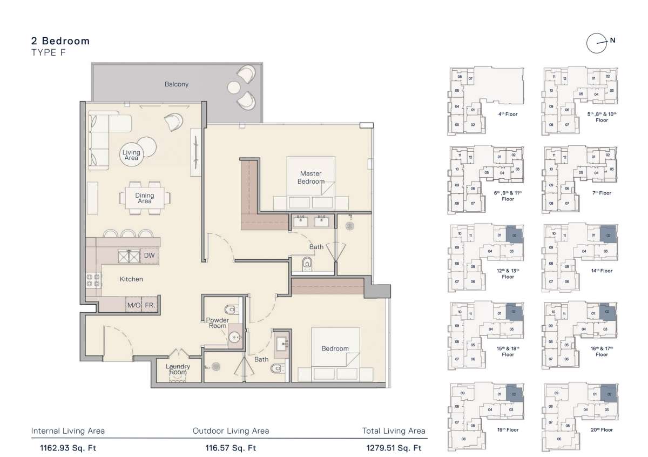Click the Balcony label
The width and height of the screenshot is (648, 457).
[x=177, y=84]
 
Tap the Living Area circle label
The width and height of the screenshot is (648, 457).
[x=131, y=155]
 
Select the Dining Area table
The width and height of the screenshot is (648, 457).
[x=144, y=198]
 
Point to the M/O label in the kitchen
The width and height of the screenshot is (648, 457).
[x=133, y=305]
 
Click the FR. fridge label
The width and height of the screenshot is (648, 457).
[x=150, y=305]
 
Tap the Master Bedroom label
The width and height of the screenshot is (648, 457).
[x=310, y=177]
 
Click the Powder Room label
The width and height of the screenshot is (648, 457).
[x=217, y=323]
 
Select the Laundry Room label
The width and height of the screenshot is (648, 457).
[x=178, y=369]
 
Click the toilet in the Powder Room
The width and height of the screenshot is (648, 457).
[x=231, y=310]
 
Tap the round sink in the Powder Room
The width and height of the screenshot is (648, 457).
[x=235, y=338]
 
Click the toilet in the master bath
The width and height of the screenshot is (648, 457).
[x=308, y=264]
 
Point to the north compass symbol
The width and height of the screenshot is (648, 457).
[x=597, y=43]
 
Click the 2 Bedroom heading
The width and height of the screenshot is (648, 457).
[x=60, y=41]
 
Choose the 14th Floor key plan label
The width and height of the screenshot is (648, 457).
[x=602, y=271]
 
